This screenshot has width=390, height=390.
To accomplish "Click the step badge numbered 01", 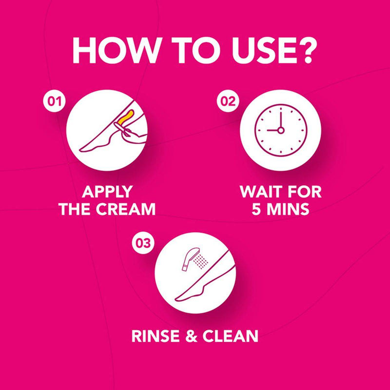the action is pyautogui.click(x=55, y=101).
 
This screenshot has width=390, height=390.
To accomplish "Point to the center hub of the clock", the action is pyautogui.click(x=281, y=130).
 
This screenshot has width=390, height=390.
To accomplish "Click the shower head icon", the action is pyautogui.click(x=190, y=259).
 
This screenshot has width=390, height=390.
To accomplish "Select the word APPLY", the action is pyautogui.click(x=107, y=192).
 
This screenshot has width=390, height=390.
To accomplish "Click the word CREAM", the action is pyautogui.click(x=126, y=209).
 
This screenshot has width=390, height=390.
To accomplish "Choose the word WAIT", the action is pyautogui.click(x=261, y=192).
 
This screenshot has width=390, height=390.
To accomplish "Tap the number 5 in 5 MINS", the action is pyautogui.click(x=256, y=209).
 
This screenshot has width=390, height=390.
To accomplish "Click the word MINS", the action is pyautogui.click(x=288, y=209).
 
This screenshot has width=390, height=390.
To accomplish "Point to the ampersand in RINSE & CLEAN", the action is pyautogui.click(x=192, y=336).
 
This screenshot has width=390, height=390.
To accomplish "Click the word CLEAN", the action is pyautogui.click(x=230, y=336).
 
